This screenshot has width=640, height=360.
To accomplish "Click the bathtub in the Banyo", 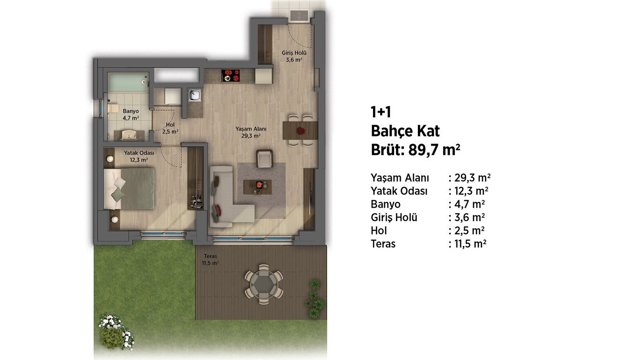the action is tap(128, 82).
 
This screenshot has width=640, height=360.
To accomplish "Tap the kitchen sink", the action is tap(194, 95).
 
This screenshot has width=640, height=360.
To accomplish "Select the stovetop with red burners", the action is tap(231, 75).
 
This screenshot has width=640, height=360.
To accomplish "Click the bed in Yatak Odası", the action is tap(129, 189).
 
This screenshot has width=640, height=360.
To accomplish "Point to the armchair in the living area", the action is tap(264, 158).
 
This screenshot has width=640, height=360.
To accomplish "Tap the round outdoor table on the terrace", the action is tap(264, 285).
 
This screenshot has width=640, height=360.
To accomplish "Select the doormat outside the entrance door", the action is tap(299, 16).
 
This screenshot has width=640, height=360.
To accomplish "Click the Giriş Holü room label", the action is tap(294, 56).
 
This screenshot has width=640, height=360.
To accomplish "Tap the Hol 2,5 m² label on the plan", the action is tap(170, 128).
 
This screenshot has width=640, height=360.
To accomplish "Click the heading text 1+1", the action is tap(380, 112).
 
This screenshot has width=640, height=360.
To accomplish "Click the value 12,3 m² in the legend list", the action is tap(471, 191).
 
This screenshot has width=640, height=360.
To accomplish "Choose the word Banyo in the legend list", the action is tap(386, 204).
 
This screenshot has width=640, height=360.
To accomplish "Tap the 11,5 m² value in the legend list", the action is tap(470, 244).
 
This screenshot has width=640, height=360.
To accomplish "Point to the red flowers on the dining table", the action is tap(300, 131).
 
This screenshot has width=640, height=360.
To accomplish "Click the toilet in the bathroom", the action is tap(113, 109).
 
